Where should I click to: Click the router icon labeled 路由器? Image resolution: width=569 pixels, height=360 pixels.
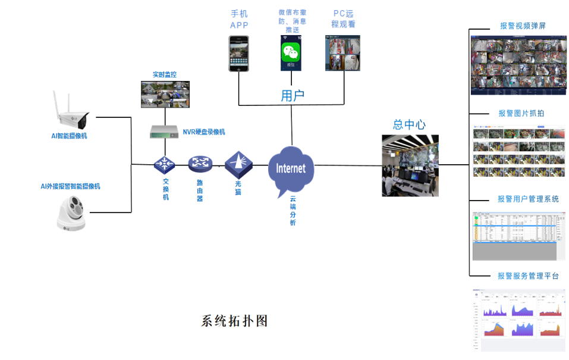click(200, 163)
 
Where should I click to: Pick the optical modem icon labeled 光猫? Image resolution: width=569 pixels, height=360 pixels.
click(238, 161)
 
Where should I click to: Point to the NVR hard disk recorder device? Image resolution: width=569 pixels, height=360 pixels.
click(164, 132)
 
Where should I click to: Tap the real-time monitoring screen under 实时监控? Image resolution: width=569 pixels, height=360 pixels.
click(165, 94)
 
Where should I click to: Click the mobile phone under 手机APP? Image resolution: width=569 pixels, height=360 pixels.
click(239, 54)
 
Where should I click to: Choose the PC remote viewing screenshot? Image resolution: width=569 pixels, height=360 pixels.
click(343, 53)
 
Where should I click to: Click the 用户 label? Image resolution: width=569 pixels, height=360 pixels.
click(293, 96)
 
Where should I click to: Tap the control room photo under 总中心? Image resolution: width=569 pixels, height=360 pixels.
click(410, 165)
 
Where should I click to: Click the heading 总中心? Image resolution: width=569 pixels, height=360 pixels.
click(410, 124)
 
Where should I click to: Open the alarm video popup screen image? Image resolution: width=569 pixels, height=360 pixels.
click(518, 65)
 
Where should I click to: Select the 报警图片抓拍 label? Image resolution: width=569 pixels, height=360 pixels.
click(521, 113)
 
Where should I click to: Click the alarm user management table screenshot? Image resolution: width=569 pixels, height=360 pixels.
click(518, 236)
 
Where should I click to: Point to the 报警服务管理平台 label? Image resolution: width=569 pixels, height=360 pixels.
click(528, 276)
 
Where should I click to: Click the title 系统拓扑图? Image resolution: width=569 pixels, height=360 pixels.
click(234, 321)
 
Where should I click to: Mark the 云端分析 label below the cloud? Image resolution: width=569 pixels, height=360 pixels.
click(293, 211)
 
